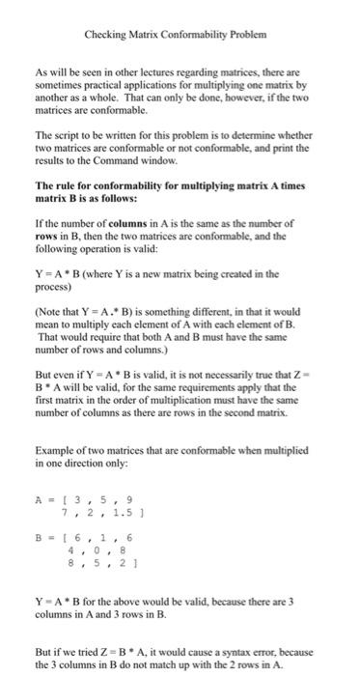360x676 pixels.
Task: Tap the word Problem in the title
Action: click(x=245, y=35)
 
